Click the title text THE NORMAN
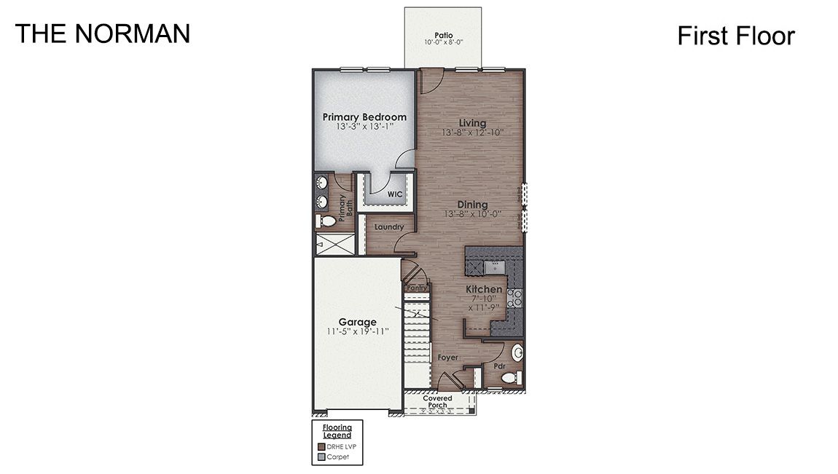click(103, 33)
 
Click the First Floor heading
click(735, 35)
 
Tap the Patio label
click(444, 35)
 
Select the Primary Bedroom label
click(364, 116)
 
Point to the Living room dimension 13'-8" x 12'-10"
click(472, 133)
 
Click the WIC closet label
click(395, 194)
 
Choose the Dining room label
click(472, 205)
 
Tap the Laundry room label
click(389, 227)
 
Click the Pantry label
click(417, 288)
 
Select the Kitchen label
click(484, 289)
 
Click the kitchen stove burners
click(514, 296)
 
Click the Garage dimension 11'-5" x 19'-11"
click(357, 331)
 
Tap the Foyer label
click(447, 358)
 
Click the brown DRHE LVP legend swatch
click(321, 446)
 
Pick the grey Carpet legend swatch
click(321, 458)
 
